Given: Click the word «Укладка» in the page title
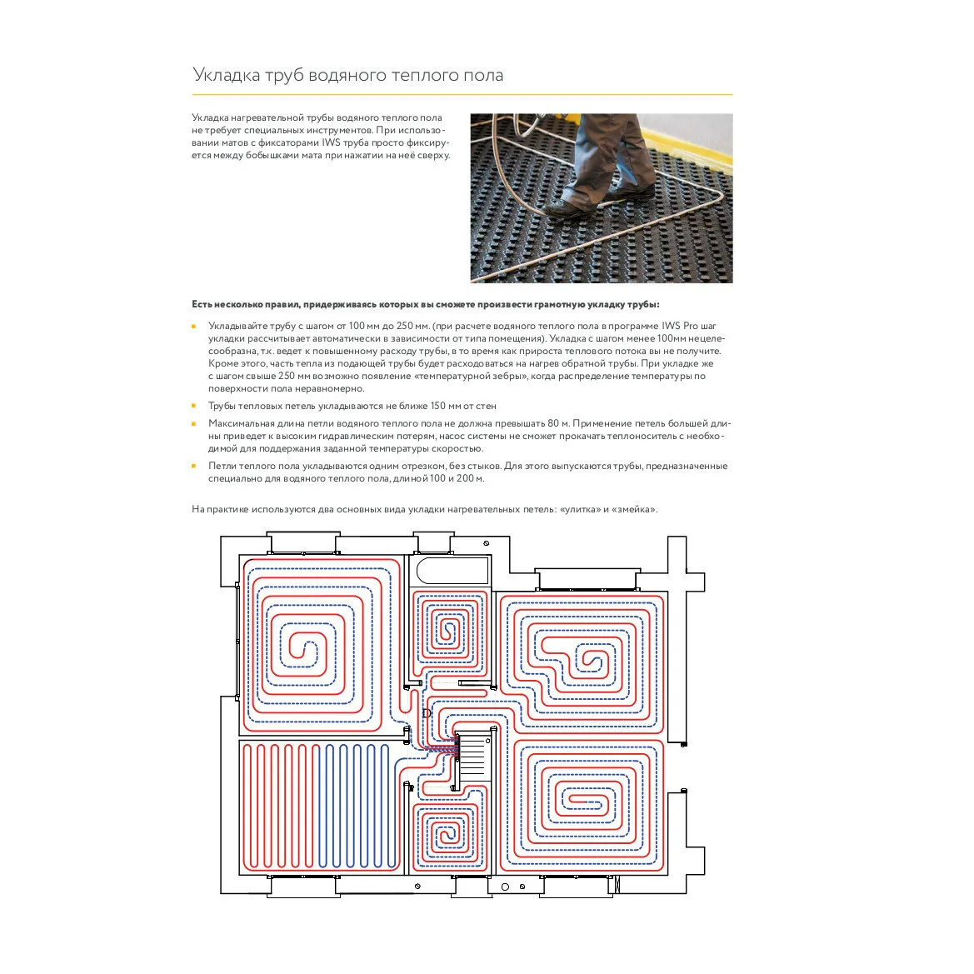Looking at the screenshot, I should [226, 75].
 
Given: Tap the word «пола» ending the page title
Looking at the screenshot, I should [484, 75].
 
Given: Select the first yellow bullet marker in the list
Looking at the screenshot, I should [194, 326].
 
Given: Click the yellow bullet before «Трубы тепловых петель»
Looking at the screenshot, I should [194, 406].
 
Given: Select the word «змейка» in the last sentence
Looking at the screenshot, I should [634, 509].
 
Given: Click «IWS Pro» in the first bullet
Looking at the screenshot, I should [680, 326].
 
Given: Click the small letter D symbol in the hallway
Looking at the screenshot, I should [427, 713].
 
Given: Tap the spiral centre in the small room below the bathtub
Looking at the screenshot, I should [451, 630].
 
